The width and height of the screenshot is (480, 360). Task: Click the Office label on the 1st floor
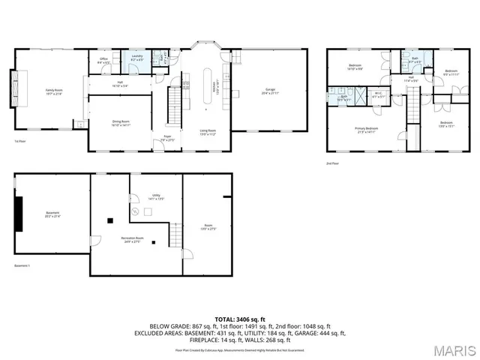(104, 60)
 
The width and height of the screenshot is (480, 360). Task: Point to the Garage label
(269, 92)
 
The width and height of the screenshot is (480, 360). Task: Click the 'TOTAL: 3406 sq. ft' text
(239, 319)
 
